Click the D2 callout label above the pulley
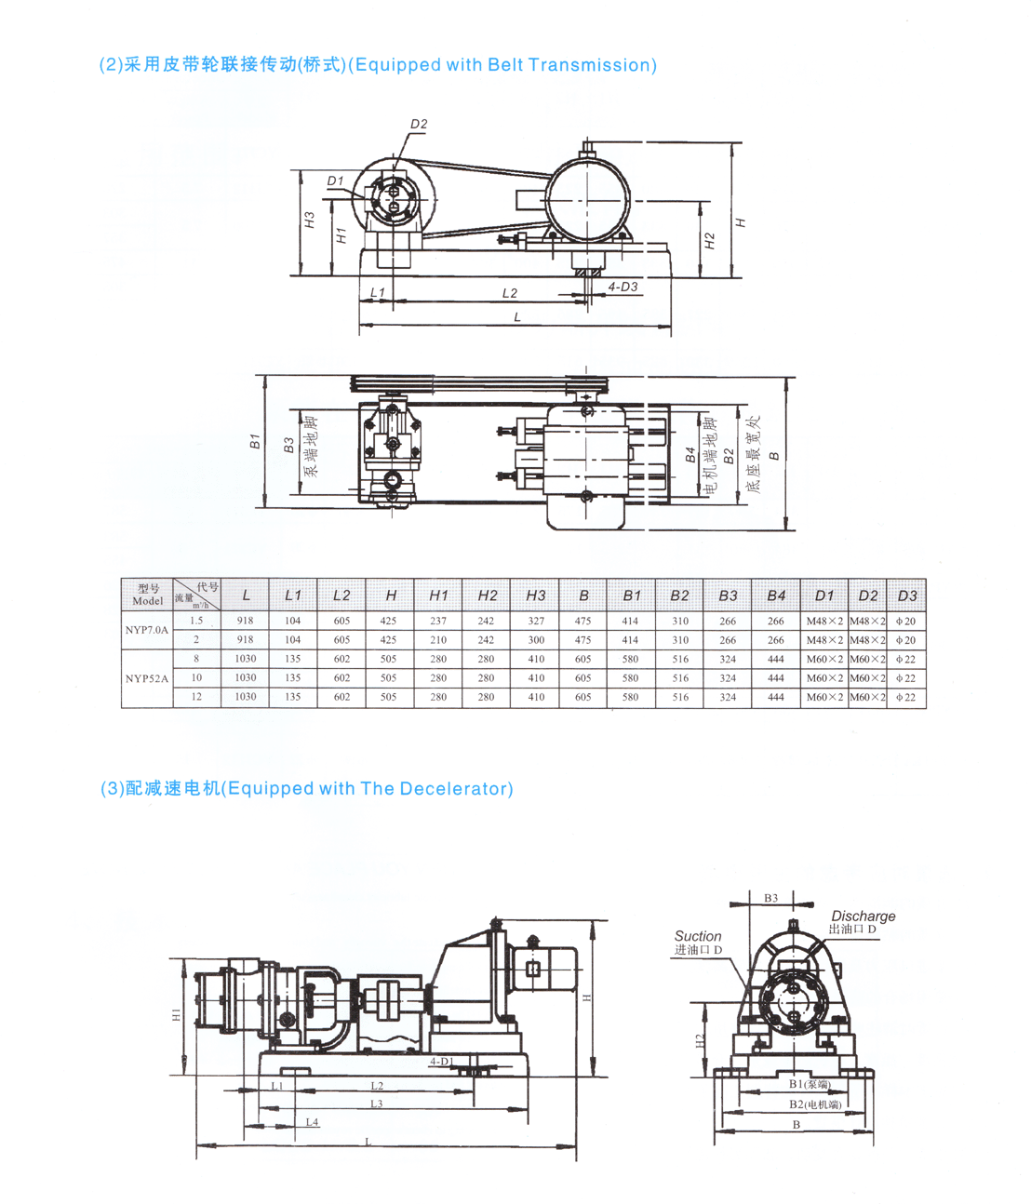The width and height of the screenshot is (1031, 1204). tap(419, 124)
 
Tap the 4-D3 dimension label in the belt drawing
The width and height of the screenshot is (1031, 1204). tap(623, 287)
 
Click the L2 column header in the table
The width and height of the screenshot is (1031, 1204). tap(341, 595)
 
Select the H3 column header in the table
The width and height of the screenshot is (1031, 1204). tap(536, 595)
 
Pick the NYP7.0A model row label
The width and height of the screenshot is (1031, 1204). tap(147, 630)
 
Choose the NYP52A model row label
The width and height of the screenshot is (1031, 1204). tap(147, 678)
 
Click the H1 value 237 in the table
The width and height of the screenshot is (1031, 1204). tap(438, 621)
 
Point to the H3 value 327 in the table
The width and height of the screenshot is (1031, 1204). tap(536, 621)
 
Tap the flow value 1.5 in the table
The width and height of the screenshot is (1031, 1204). tap(196, 621)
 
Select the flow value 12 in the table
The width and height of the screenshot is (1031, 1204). tap(196, 697)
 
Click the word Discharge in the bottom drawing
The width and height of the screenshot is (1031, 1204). tap(863, 916)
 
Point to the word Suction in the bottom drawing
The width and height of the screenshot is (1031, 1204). tap(698, 936)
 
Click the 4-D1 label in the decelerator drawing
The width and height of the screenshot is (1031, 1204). tap(441, 1062)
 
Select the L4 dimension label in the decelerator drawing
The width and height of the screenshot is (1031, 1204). tap(312, 1122)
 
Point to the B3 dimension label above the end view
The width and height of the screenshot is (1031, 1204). tap(770, 898)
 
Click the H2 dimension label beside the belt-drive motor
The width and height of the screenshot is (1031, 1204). tap(710, 241)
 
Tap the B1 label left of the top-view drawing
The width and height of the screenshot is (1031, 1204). tap(255, 442)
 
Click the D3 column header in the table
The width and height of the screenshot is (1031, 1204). tap(906, 595)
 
